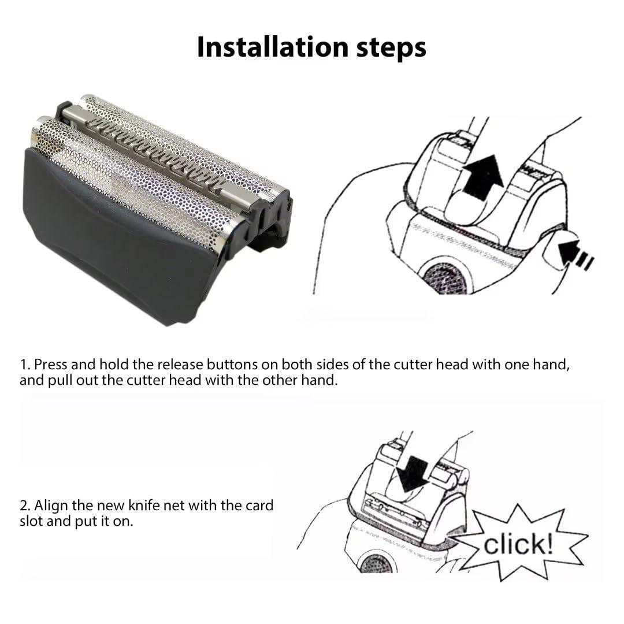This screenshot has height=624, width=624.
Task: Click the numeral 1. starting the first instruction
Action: click(x=25, y=365)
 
